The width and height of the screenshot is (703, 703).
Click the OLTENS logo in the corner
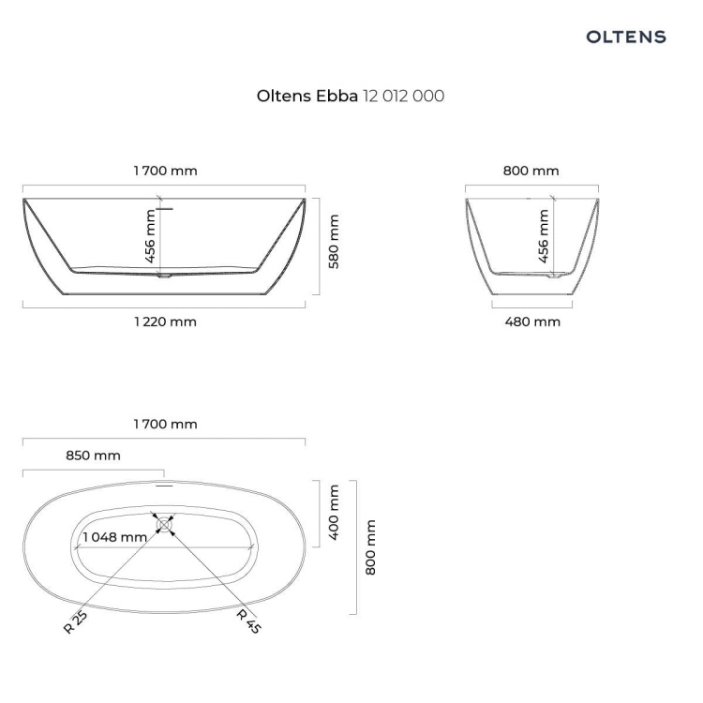626,37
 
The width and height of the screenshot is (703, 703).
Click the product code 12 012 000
403,96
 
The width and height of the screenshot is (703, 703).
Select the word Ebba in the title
337,96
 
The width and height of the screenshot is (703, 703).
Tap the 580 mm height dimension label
334,242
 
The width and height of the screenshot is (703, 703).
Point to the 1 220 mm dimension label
165,322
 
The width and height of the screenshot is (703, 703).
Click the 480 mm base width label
532,322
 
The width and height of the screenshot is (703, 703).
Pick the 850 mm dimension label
93,456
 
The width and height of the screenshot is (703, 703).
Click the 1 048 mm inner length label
114,537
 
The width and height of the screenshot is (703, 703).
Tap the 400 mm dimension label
334,513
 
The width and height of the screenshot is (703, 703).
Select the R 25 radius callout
75,622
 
